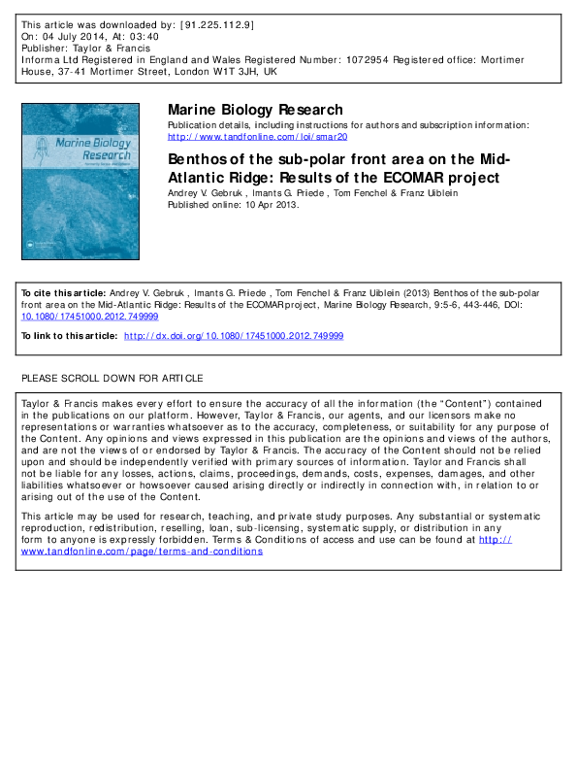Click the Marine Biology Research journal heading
255,110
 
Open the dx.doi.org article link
234,335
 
